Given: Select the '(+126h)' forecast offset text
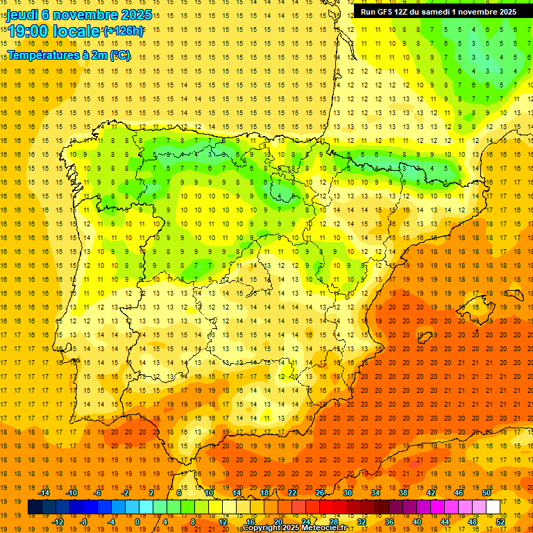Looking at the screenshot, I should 124,31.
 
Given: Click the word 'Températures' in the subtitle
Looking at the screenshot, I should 43,56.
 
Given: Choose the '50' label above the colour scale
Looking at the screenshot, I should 487,493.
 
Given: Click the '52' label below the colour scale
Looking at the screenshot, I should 500,522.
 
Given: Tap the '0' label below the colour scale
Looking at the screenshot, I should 137,522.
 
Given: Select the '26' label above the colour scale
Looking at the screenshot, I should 320,493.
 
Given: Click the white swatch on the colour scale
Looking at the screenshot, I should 493,507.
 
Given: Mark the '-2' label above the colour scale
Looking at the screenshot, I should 126,493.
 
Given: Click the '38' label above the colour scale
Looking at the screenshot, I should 403,493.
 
